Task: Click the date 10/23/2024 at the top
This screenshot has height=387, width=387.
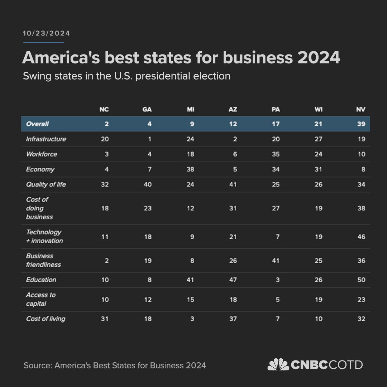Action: point(47,33)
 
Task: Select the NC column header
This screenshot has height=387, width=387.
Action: point(104,109)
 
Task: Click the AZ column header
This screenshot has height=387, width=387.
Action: point(233,109)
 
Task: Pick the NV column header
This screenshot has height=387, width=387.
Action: point(361,109)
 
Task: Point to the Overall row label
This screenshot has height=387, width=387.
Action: point(37,124)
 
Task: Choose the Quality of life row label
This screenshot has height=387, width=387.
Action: point(46,184)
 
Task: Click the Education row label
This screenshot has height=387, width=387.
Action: point(41,279)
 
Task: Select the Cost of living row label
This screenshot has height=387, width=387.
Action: point(46,319)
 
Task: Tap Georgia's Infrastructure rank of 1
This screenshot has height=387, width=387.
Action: point(149,139)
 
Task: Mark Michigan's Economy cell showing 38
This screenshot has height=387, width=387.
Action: point(190,169)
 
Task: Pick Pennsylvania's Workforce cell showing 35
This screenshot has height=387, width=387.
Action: point(275,154)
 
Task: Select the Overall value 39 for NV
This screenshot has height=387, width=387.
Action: point(361,124)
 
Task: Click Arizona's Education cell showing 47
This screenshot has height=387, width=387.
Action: point(233,279)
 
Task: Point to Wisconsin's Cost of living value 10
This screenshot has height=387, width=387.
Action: point(318,319)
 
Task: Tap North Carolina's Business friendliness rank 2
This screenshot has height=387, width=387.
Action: point(107,261)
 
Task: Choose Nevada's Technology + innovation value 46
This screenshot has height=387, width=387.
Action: point(361,236)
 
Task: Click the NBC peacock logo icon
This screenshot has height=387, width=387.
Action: point(278,365)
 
